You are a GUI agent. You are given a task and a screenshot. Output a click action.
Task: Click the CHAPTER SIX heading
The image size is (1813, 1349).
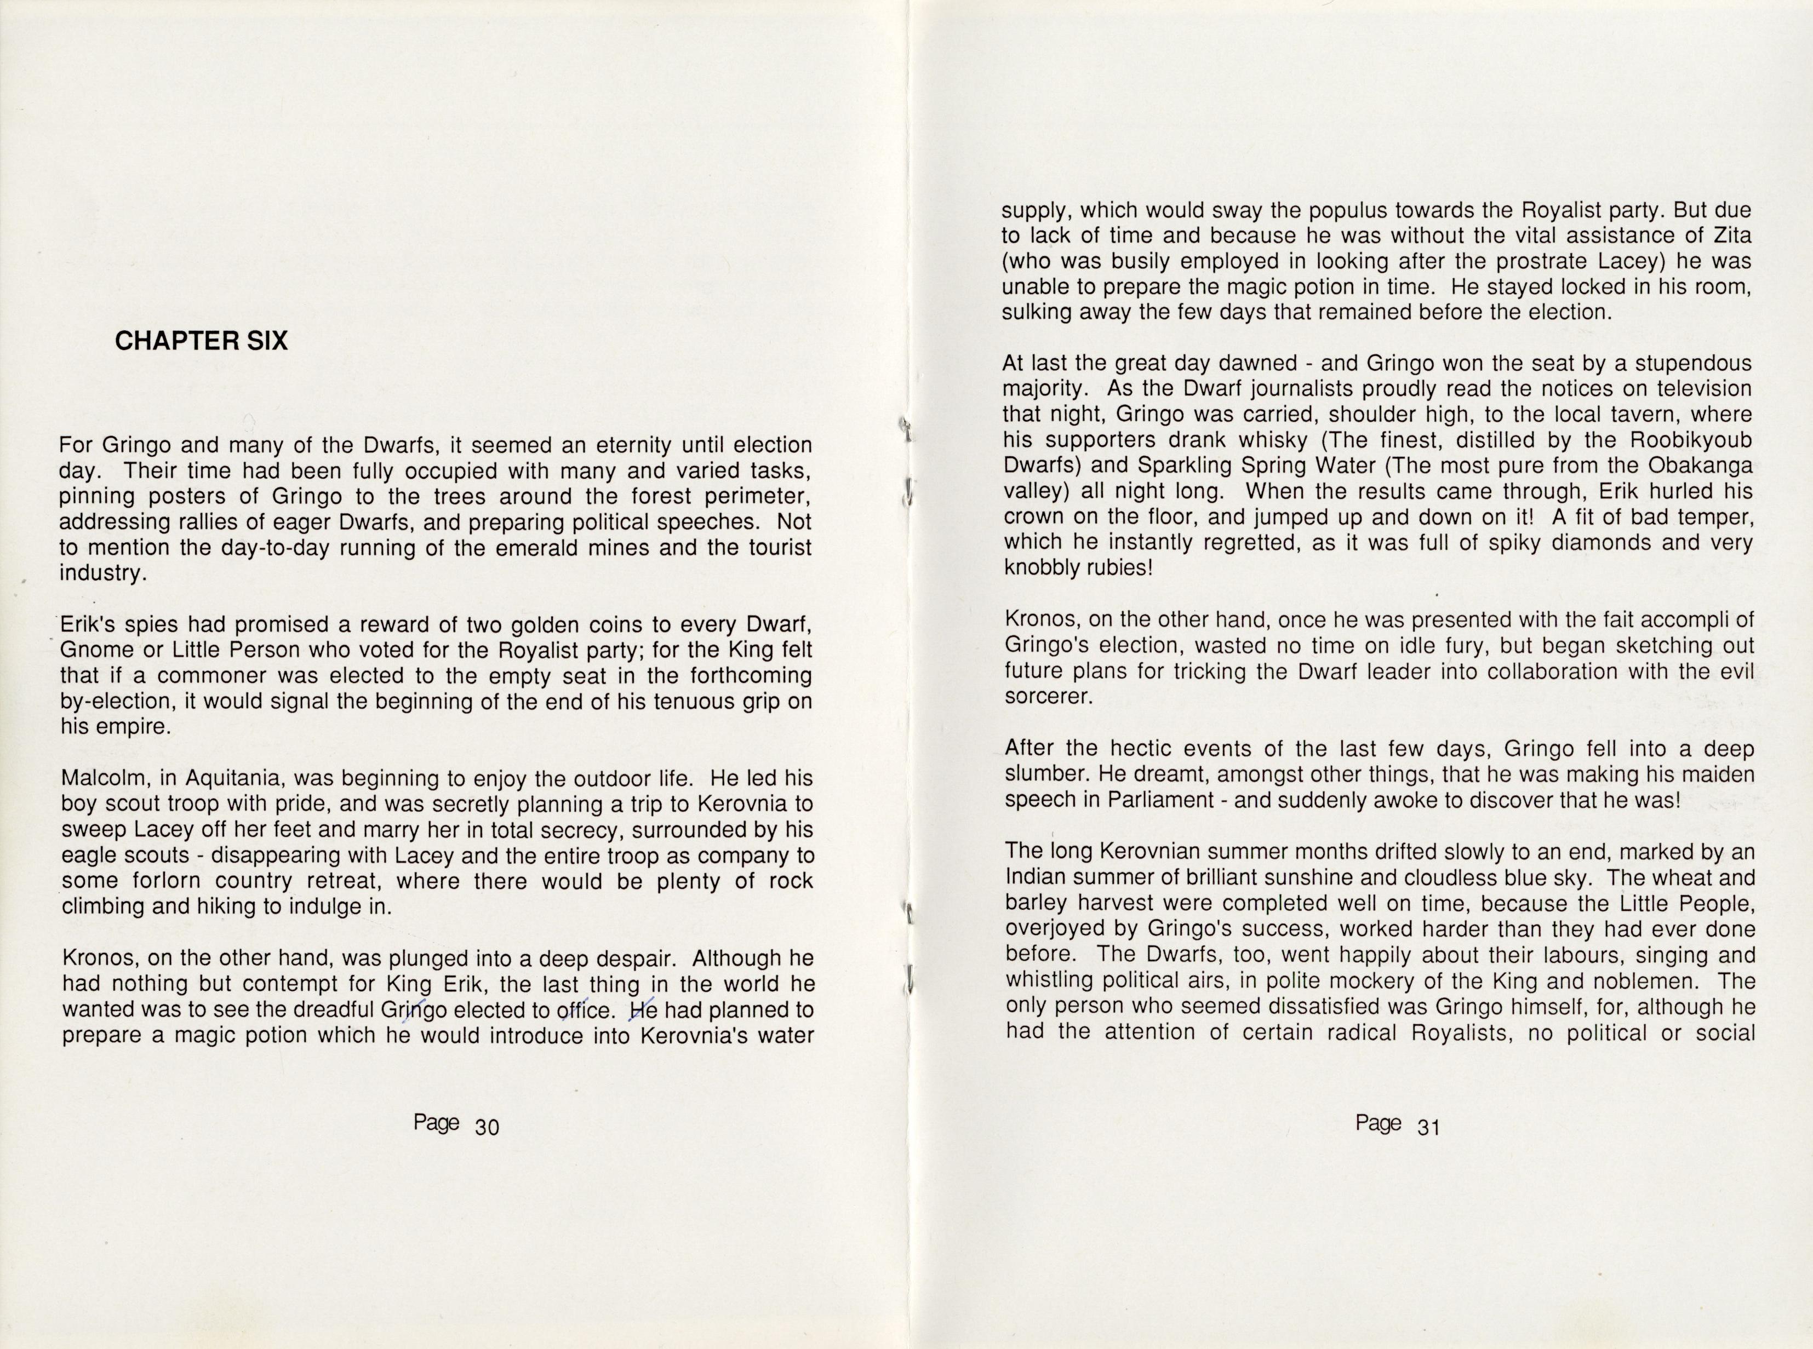click(x=201, y=341)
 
